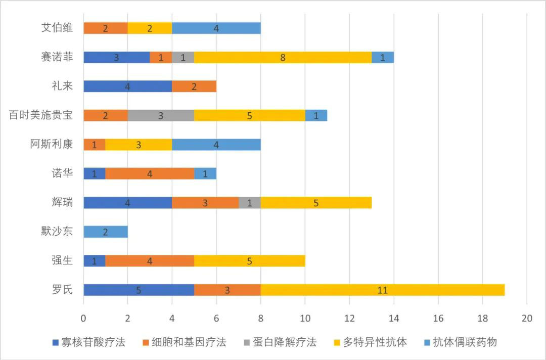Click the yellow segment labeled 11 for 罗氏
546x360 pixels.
(x=383, y=290)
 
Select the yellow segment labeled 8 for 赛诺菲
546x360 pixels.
(x=283, y=57)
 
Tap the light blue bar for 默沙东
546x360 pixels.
(x=105, y=232)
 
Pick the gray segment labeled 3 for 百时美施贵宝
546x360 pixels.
(x=161, y=115)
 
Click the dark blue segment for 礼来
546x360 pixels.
(x=127, y=86)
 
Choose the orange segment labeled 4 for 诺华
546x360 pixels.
(x=150, y=174)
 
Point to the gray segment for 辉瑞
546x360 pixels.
(x=249, y=203)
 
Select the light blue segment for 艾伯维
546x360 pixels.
(x=216, y=28)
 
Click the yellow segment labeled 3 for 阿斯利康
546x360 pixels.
(x=139, y=145)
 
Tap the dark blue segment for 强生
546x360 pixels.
(x=94, y=261)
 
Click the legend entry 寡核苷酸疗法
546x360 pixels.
(x=89, y=342)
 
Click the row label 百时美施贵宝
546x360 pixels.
(x=41, y=115)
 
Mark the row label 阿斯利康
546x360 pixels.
(x=51, y=145)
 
